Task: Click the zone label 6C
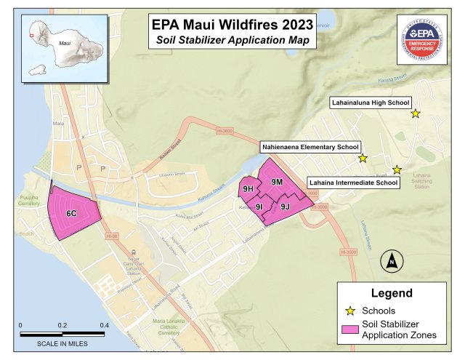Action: point(72,214)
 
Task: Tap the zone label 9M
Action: point(276,181)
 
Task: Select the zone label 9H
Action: point(248,190)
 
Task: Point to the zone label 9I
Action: point(259,207)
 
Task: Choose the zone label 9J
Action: point(285,207)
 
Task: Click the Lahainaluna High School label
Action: point(371,103)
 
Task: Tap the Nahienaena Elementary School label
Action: point(310,147)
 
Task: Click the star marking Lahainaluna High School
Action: point(416,113)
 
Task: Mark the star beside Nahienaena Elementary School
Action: point(363,158)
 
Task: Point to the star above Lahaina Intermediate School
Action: point(397,169)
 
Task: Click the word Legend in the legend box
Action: point(392,293)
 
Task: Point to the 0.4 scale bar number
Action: point(104,325)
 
